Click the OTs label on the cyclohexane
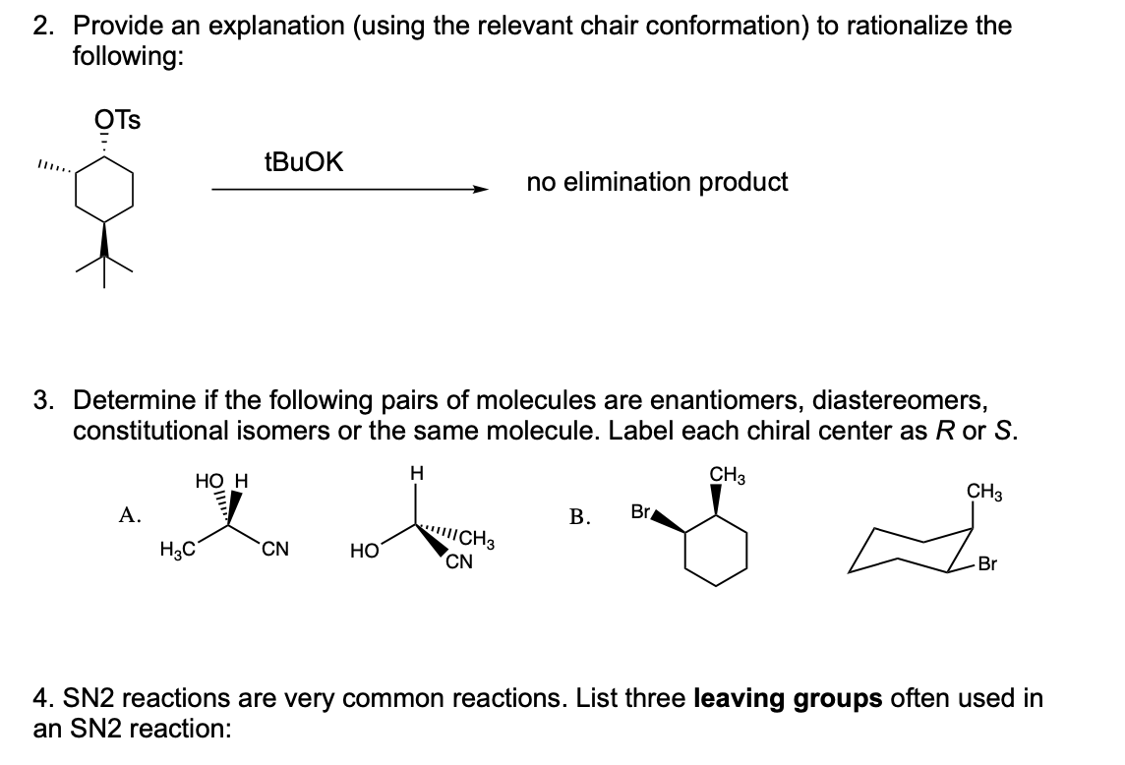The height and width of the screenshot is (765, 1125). click(x=118, y=121)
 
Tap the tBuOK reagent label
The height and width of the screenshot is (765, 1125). click(x=304, y=162)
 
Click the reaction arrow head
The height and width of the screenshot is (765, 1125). click(x=481, y=190)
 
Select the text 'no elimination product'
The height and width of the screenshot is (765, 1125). click(x=657, y=182)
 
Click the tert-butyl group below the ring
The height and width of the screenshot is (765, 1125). click(x=105, y=261)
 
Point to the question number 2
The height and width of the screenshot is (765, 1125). click(x=41, y=26)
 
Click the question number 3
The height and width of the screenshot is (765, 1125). click(x=41, y=401)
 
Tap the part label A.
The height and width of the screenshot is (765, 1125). click(x=127, y=513)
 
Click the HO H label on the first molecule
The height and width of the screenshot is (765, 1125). click(x=222, y=482)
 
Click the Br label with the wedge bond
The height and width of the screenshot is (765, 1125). click(x=641, y=510)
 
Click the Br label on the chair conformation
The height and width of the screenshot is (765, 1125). click(x=987, y=565)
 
